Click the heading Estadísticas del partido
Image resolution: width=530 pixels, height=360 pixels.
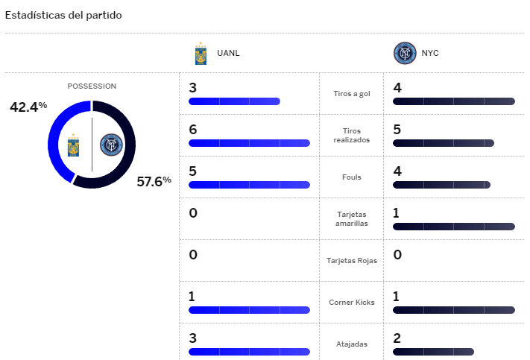[63, 15]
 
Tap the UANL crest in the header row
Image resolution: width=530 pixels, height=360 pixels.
[201, 53]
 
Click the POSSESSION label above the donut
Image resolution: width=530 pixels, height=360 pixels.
[92, 86]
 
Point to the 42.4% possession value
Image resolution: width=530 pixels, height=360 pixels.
[28, 107]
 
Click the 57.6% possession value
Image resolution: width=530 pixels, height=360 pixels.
[154, 180]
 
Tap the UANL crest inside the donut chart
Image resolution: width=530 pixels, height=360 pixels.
[73, 143]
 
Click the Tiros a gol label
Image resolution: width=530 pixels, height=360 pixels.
[352, 94]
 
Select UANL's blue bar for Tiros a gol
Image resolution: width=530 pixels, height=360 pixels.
[234, 101]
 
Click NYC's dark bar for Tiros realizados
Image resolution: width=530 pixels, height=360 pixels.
[443, 142]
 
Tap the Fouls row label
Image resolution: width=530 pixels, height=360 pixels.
[352, 177]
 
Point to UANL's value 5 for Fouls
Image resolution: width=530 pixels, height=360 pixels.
[193, 171]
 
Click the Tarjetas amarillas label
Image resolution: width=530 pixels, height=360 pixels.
[352, 219]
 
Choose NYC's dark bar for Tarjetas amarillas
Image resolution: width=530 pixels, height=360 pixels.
[453, 226]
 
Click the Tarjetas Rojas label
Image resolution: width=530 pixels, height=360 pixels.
[352, 261]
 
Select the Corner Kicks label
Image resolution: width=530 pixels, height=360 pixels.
[352, 303]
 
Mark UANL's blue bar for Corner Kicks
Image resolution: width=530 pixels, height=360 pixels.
[249, 309]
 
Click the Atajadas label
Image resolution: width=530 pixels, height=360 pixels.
[352, 344]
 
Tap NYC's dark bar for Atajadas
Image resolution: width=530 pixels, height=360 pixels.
[433, 351]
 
